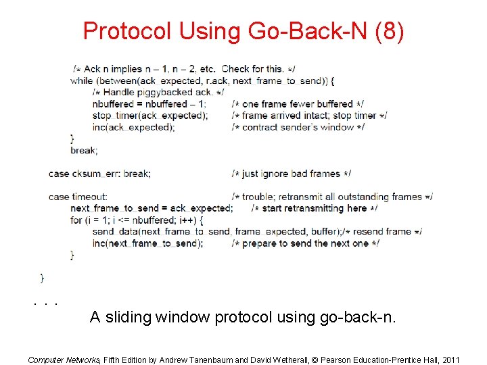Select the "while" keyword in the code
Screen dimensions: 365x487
pyautogui.click(x=81, y=80)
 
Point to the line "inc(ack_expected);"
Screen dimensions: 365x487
pyautogui.click(x=134, y=127)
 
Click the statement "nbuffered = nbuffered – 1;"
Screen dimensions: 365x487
pyautogui.click(x=149, y=104)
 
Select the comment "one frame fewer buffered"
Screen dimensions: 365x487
pyautogui.click(x=298, y=104)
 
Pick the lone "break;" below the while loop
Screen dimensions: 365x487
pyautogui.click(x=84, y=150)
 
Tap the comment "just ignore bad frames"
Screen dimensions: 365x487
pyautogui.click(x=291, y=174)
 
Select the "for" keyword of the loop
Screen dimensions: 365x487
pyautogui.click(x=76, y=220)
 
